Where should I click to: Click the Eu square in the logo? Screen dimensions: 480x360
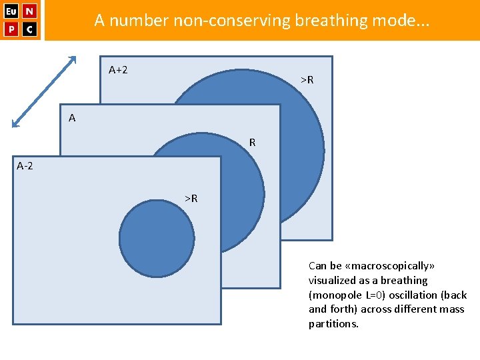[11, 11]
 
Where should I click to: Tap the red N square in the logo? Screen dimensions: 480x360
[30, 11]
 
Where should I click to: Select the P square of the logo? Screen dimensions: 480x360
[11, 29]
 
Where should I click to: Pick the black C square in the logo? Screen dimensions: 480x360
[30, 29]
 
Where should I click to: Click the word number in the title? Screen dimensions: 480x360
[139, 21]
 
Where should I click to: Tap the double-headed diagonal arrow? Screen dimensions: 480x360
[45, 91]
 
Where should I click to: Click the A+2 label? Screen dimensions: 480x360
[118, 69]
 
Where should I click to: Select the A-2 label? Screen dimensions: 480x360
[25, 165]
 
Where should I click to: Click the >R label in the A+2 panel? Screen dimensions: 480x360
[307, 80]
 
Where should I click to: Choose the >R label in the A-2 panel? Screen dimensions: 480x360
[191, 198]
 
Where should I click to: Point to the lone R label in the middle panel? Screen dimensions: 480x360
[252, 142]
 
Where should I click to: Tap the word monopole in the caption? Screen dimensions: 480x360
[339, 295]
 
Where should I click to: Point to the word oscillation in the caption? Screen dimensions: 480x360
[421, 295]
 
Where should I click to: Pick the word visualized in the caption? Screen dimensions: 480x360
[334, 281]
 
